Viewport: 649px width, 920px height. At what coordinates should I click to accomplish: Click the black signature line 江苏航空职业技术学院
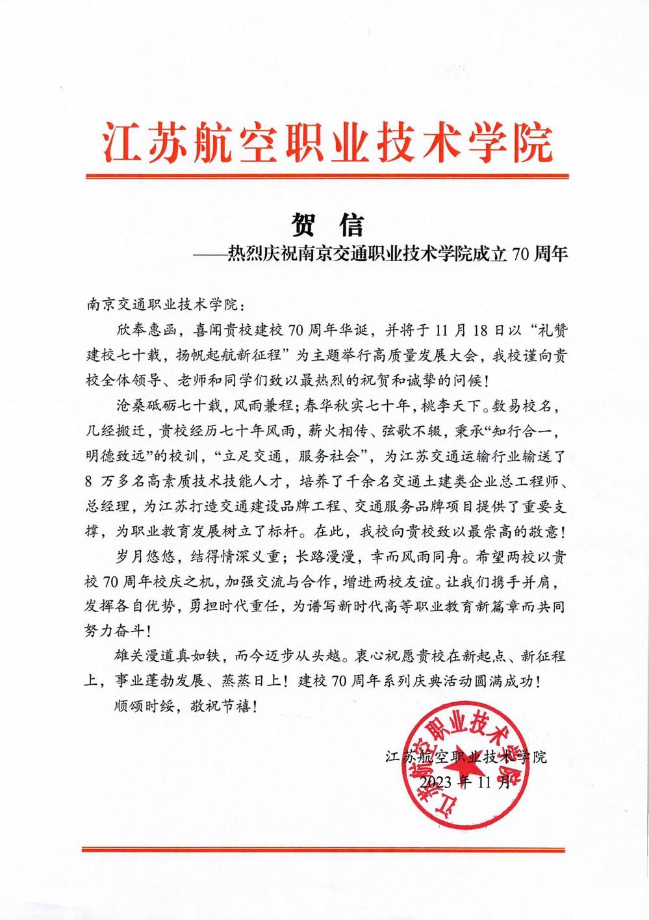466,758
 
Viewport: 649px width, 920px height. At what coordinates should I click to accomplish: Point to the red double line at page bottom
324,849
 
